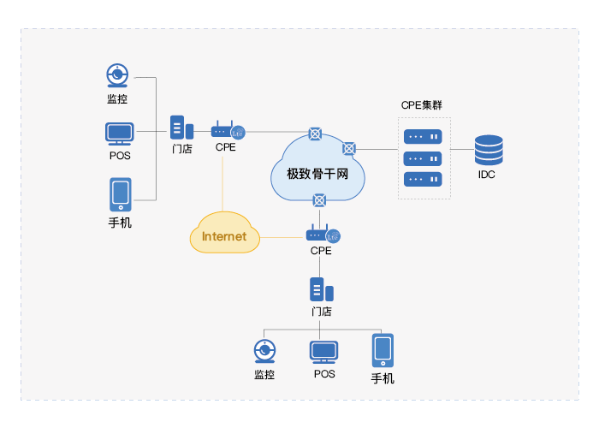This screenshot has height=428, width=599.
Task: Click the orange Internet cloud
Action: (x=224, y=235)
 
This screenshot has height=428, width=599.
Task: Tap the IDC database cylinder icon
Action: (x=489, y=150)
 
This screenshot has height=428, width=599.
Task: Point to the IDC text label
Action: (x=487, y=175)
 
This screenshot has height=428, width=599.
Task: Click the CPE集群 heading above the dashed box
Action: (x=422, y=105)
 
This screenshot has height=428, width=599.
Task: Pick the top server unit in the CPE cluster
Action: (x=423, y=136)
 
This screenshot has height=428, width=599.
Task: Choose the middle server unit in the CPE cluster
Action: (x=423, y=158)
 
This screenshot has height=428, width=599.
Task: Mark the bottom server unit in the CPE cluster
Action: (x=423, y=179)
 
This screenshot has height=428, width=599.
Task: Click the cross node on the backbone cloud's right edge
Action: (x=349, y=148)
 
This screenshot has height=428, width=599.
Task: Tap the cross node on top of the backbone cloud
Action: (x=316, y=133)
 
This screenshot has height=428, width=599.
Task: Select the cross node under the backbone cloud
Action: (x=319, y=199)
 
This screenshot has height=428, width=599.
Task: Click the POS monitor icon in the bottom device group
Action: (x=323, y=352)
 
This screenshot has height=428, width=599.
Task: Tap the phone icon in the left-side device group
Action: (x=120, y=194)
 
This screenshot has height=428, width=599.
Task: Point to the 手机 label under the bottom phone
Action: (x=383, y=377)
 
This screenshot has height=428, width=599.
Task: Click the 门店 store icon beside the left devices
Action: (x=181, y=128)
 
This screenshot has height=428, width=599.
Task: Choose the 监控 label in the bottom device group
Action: (x=264, y=374)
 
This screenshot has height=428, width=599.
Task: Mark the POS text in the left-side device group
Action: (x=120, y=156)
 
